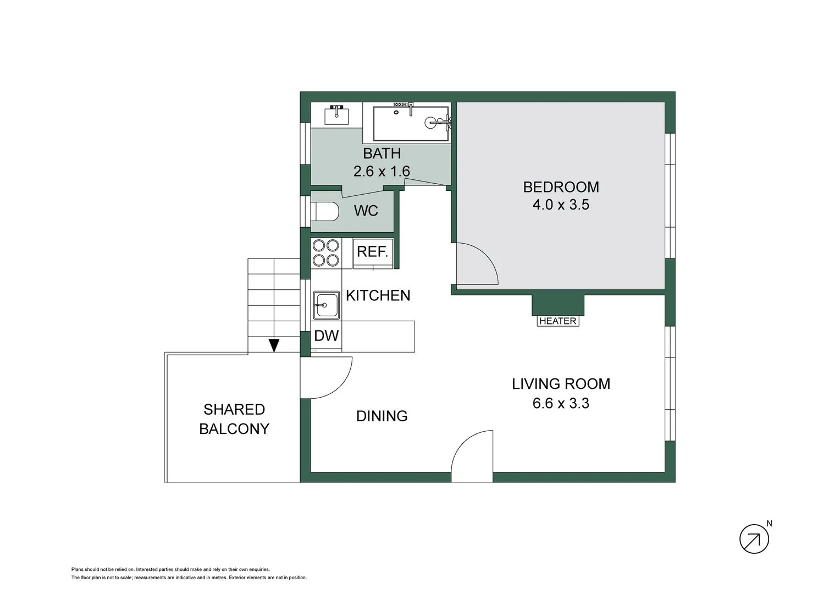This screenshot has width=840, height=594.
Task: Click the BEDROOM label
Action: pos(561,187)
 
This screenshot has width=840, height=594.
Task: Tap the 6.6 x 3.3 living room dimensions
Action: pos(561,403)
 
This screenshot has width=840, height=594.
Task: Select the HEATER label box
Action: pos(557,321)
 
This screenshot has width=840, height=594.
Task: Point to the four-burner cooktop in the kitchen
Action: pos(325,253)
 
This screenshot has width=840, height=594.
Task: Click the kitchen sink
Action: pos(327,305)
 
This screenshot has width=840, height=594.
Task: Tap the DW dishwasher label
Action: pos(326,336)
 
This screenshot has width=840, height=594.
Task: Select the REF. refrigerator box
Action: pos(373,252)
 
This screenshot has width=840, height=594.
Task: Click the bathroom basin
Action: pos(336,116)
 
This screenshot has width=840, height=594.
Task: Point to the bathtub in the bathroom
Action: pos(411,123)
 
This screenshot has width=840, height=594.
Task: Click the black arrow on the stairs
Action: pos(274,345)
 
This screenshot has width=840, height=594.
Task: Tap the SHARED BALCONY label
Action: pos(234,419)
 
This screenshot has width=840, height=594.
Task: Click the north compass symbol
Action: pos(754,538)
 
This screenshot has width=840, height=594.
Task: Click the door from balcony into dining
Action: pos(325,377)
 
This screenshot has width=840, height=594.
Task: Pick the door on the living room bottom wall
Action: pos(472,457)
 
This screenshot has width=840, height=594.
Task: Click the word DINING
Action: pos(382,416)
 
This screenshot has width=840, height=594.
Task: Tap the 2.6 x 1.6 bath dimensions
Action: pos(382,172)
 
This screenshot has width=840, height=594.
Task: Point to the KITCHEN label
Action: pos(378,296)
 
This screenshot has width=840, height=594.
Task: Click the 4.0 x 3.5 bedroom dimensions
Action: pos(561,205)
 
